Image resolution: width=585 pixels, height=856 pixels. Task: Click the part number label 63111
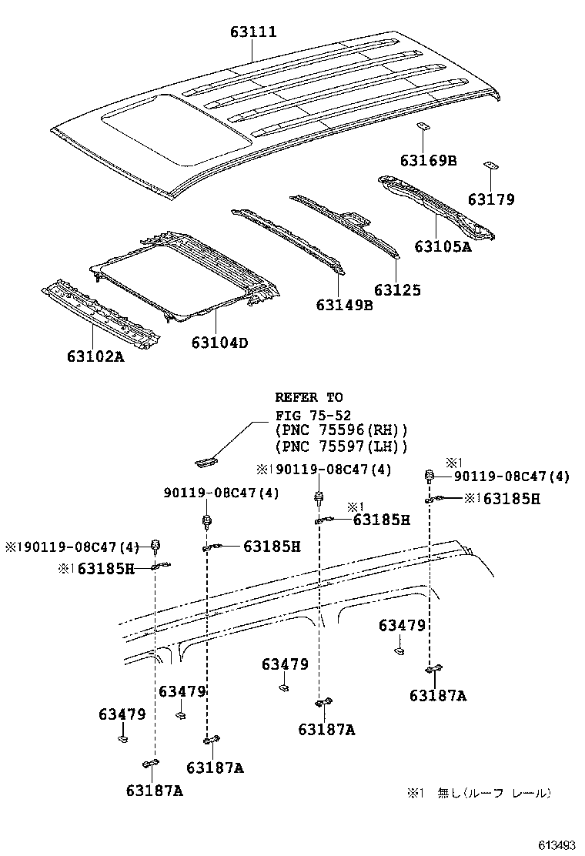[252, 32]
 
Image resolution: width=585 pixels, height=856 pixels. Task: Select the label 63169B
[428, 160]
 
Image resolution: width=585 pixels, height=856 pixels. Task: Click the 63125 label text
[397, 290]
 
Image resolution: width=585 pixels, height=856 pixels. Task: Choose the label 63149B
[344, 305]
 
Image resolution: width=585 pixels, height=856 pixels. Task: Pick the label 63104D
[219, 343]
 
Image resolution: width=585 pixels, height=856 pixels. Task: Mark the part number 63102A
[95, 356]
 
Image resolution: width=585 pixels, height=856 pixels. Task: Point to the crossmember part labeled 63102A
[100, 312]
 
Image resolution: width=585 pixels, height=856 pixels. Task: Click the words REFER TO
[309, 398]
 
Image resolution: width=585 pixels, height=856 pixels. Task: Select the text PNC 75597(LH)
[340, 446]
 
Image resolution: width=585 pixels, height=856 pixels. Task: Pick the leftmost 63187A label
[154, 791]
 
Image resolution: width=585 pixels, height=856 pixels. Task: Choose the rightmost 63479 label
[402, 626]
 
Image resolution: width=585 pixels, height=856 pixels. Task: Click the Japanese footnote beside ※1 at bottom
[493, 792]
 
